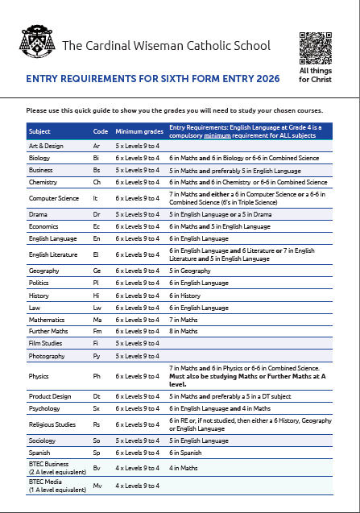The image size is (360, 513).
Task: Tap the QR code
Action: [315, 47]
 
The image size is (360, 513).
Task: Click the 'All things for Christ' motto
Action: [315, 76]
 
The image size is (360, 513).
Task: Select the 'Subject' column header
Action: [39, 130]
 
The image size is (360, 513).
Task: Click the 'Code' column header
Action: [101, 130]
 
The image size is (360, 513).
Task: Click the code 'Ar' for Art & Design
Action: [97, 147]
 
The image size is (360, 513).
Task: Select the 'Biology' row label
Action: [39, 159]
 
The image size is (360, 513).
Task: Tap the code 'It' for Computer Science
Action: [96, 198]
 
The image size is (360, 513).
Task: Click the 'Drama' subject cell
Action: [38, 215]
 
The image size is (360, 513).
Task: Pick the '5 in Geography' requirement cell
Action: [192, 271]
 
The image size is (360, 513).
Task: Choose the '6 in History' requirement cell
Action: [186, 296]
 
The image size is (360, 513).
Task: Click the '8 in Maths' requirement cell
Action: [184, 331]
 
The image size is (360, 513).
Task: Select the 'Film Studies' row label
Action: [43, 343]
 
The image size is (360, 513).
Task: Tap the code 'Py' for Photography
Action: [97, 355]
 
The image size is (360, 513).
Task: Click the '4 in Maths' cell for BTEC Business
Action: [184, 468]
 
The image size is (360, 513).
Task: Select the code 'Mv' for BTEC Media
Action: [97, 486]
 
